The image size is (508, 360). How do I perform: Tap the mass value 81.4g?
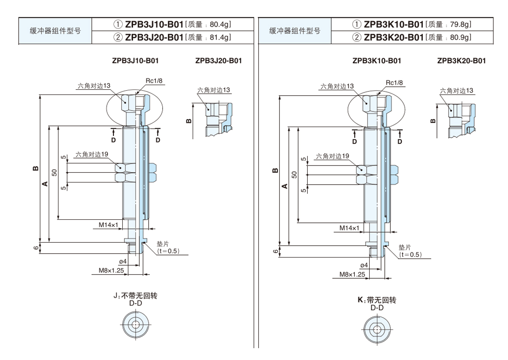pos(219,38)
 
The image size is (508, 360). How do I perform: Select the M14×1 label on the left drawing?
pos(108,224)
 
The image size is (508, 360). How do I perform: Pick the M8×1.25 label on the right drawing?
pos(352,274)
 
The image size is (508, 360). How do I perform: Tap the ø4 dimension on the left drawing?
pos(123,261)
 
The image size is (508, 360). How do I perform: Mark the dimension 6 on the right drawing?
pos(276,252)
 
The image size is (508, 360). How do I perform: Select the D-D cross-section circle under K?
pos(377,328)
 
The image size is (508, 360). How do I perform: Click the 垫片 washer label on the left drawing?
pos(163,244)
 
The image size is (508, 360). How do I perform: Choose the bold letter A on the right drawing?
pos(284,186)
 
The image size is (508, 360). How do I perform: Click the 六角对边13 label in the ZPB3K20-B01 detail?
pos(456,91)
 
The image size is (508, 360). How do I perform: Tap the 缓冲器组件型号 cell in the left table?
pos(55,31)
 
